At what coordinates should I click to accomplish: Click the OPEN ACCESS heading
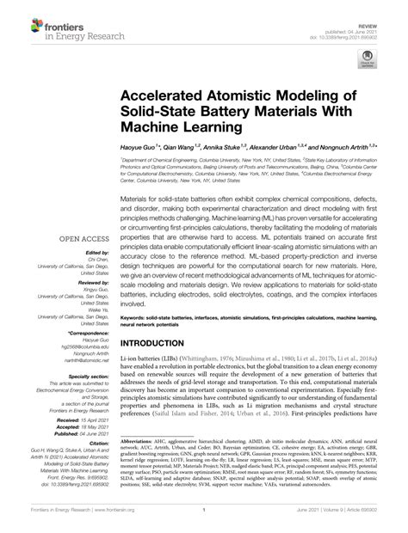click(x=83, y=238)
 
